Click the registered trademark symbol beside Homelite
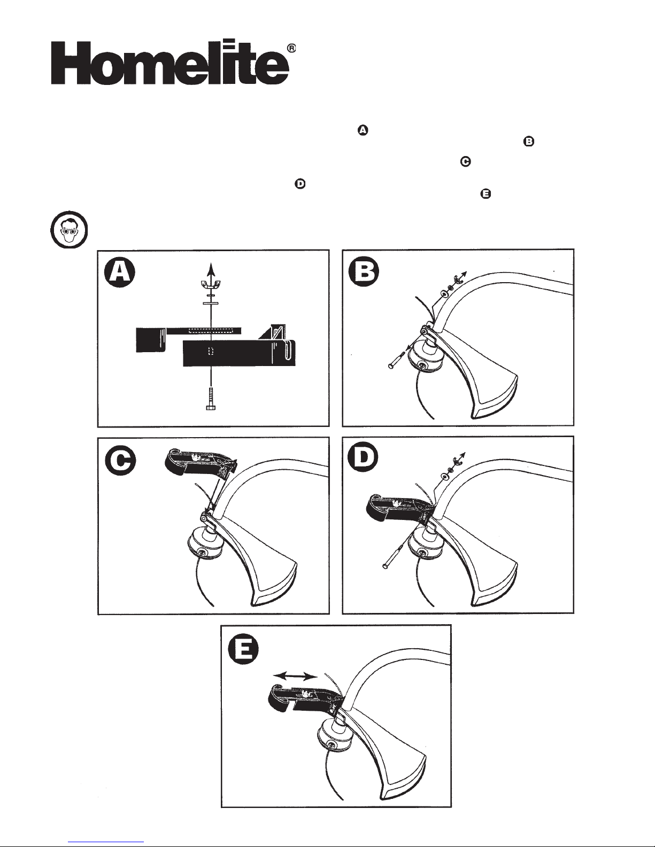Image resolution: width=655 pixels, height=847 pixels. coord(292,48)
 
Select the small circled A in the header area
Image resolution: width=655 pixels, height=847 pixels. coord(363,130)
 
